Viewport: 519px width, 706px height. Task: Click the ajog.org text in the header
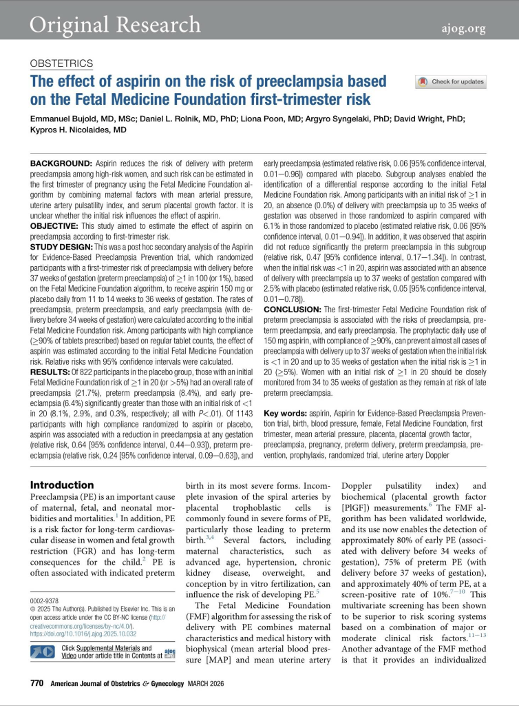[463, 28]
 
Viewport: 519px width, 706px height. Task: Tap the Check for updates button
[451, 82]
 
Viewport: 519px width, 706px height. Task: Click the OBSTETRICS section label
[62, 63]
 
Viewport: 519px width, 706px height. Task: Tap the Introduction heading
[62, 485]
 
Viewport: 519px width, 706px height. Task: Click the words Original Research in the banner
[115, 25]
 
